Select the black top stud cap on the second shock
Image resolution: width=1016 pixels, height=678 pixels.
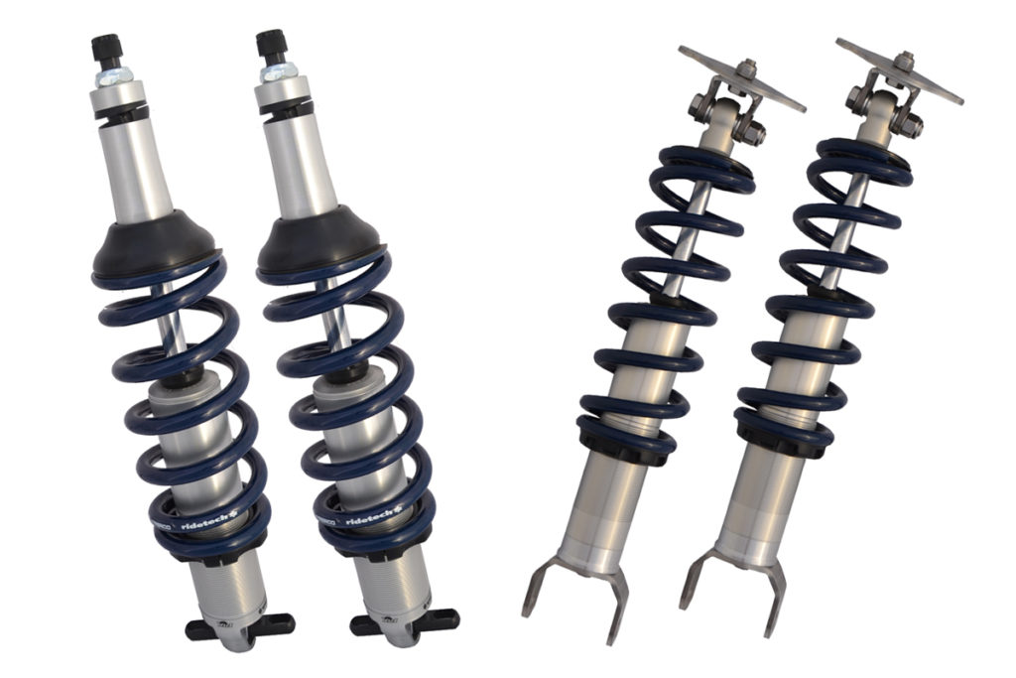pyautogui.click(x=271, y=45)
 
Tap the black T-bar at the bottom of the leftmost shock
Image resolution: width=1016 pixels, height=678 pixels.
pyautogui.click(x=239, y=625)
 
